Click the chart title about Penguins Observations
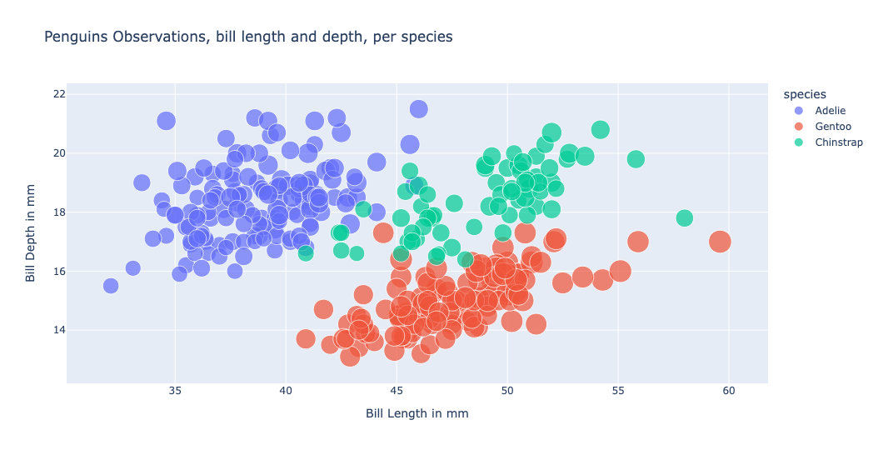click(x=248, y=37)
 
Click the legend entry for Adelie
click(x=830, y=110)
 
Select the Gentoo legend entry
click(x=832, y=126)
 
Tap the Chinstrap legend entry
click(x=838, y=142)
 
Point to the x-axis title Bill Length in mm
click(x=417, y=413)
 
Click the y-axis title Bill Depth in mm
click(x=31, y=234)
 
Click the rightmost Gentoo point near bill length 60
click(x=720, y=242)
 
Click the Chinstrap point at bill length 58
click(x=685, y=218)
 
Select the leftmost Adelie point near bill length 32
click(x=111, y=286)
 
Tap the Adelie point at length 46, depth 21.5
click(x=419, y=109)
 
